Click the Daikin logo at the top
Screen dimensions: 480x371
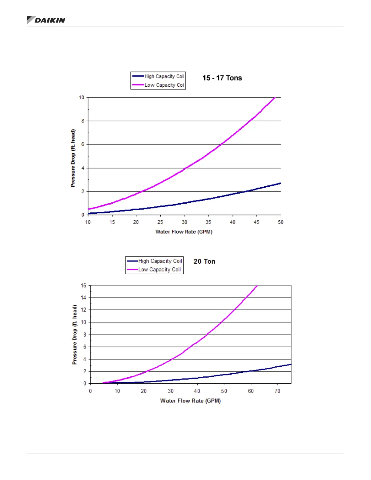[x=46, y=20]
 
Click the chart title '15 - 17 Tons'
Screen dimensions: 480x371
[x=222, y=78]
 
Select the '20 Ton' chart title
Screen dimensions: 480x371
[x=204, y=261]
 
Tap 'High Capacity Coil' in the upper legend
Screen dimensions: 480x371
[x=164, y=76]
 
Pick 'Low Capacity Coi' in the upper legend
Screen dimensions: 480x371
[x=164, y=85]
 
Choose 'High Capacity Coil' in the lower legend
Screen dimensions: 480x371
[x=160, y=261]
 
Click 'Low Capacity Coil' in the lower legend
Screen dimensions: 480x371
[x=159, y=269]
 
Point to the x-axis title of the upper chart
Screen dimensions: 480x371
[x=184, y=232]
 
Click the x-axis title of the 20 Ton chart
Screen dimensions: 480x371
[x=190, y=401]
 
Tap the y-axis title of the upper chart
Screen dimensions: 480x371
[x=73, y=158]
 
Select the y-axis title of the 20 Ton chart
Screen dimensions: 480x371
[x=75, y=335]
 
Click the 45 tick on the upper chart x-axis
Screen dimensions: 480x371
[x=256, y=222]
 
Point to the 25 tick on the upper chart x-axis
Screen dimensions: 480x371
[x=160, y=222]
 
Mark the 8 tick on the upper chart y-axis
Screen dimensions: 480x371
[x=83, y=121]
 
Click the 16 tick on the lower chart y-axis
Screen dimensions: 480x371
[x=83, y=285]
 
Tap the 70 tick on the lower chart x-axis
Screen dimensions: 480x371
[x=277, y=391]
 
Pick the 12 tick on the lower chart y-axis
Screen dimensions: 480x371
[x=83, y=310]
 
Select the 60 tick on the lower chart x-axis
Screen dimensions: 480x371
[x=251, y=391]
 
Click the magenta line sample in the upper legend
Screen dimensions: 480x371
[x=138, y=85]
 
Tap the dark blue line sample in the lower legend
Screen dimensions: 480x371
[x=132, y=261]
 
